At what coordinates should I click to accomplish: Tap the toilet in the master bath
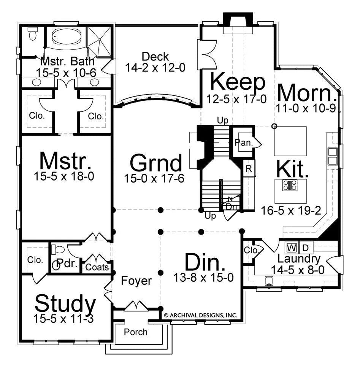32,33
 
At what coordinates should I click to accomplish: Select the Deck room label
155,57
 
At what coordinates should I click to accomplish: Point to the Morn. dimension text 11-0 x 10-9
306,108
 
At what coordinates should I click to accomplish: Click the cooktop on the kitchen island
290,186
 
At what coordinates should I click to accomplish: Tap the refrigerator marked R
249,168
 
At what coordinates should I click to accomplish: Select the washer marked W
292,248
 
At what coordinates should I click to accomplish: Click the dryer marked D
306,248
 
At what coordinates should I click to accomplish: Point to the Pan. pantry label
244,143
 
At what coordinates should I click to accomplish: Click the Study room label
65,303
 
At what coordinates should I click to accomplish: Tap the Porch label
136,332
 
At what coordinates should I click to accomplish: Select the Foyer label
136,281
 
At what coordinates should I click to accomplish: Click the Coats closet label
97,267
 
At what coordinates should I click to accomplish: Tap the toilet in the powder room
58,250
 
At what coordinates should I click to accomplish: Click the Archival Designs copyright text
201,316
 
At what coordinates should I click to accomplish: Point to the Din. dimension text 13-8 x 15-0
203,278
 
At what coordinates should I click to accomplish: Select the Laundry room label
299,259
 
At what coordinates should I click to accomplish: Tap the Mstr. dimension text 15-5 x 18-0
64,176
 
